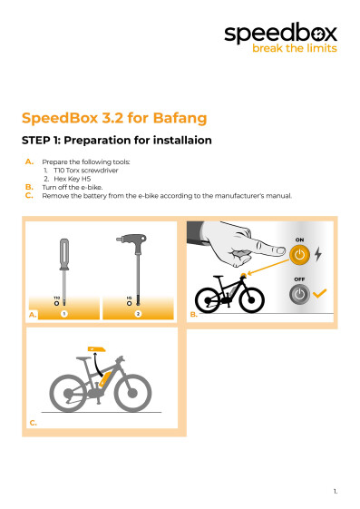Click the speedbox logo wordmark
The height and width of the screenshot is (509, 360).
click(x=280, y=33)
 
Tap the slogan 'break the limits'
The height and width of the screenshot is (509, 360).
click(x=295, y=48)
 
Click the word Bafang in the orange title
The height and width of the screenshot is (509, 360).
click(x=180, y=118)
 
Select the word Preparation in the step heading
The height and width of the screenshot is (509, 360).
click(x=97, y=141)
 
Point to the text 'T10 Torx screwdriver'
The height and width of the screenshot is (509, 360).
click(x=86, y=171)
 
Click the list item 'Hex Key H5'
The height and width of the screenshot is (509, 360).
click(x=72, y=179)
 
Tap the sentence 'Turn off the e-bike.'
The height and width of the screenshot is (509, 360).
click(x=73, y=187)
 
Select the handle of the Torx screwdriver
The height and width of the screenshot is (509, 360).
click(x=64, y=254)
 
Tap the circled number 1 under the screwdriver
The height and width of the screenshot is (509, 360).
click(x=64, y=314)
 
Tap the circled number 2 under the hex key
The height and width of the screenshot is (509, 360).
click(x=138, y=314)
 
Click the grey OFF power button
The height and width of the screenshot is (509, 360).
click(x=299, y=294)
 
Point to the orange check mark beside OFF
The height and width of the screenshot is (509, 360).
click(x=320, y=293)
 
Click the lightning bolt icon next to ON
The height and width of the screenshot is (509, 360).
click(x=318, y=254)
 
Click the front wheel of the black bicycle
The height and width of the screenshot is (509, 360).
click(x=251, y=300)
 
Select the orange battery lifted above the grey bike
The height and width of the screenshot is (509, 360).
click(x=96, y=349)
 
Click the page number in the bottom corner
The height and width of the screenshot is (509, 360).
click(x=336, y=492)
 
